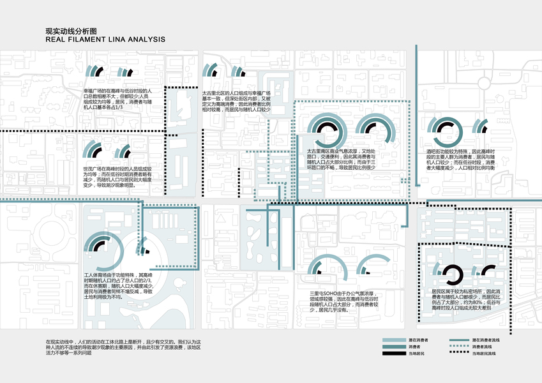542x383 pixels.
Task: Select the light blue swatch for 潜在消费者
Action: (393, 341)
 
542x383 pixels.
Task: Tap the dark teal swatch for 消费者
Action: (393, 347)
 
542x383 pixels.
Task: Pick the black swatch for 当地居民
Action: (393, 354)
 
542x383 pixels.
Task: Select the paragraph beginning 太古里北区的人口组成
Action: (236, 101)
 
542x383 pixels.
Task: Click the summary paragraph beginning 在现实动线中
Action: (118, 347)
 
